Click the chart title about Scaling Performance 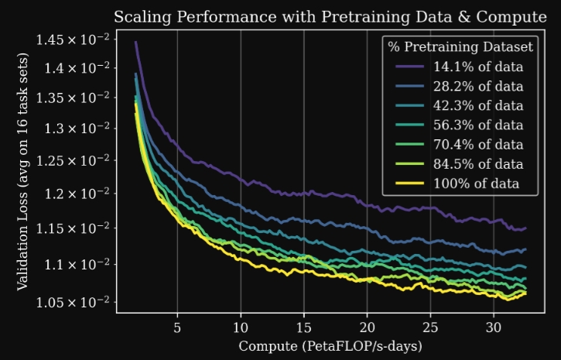pos(329,16)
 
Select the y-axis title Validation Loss pos(23,171)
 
